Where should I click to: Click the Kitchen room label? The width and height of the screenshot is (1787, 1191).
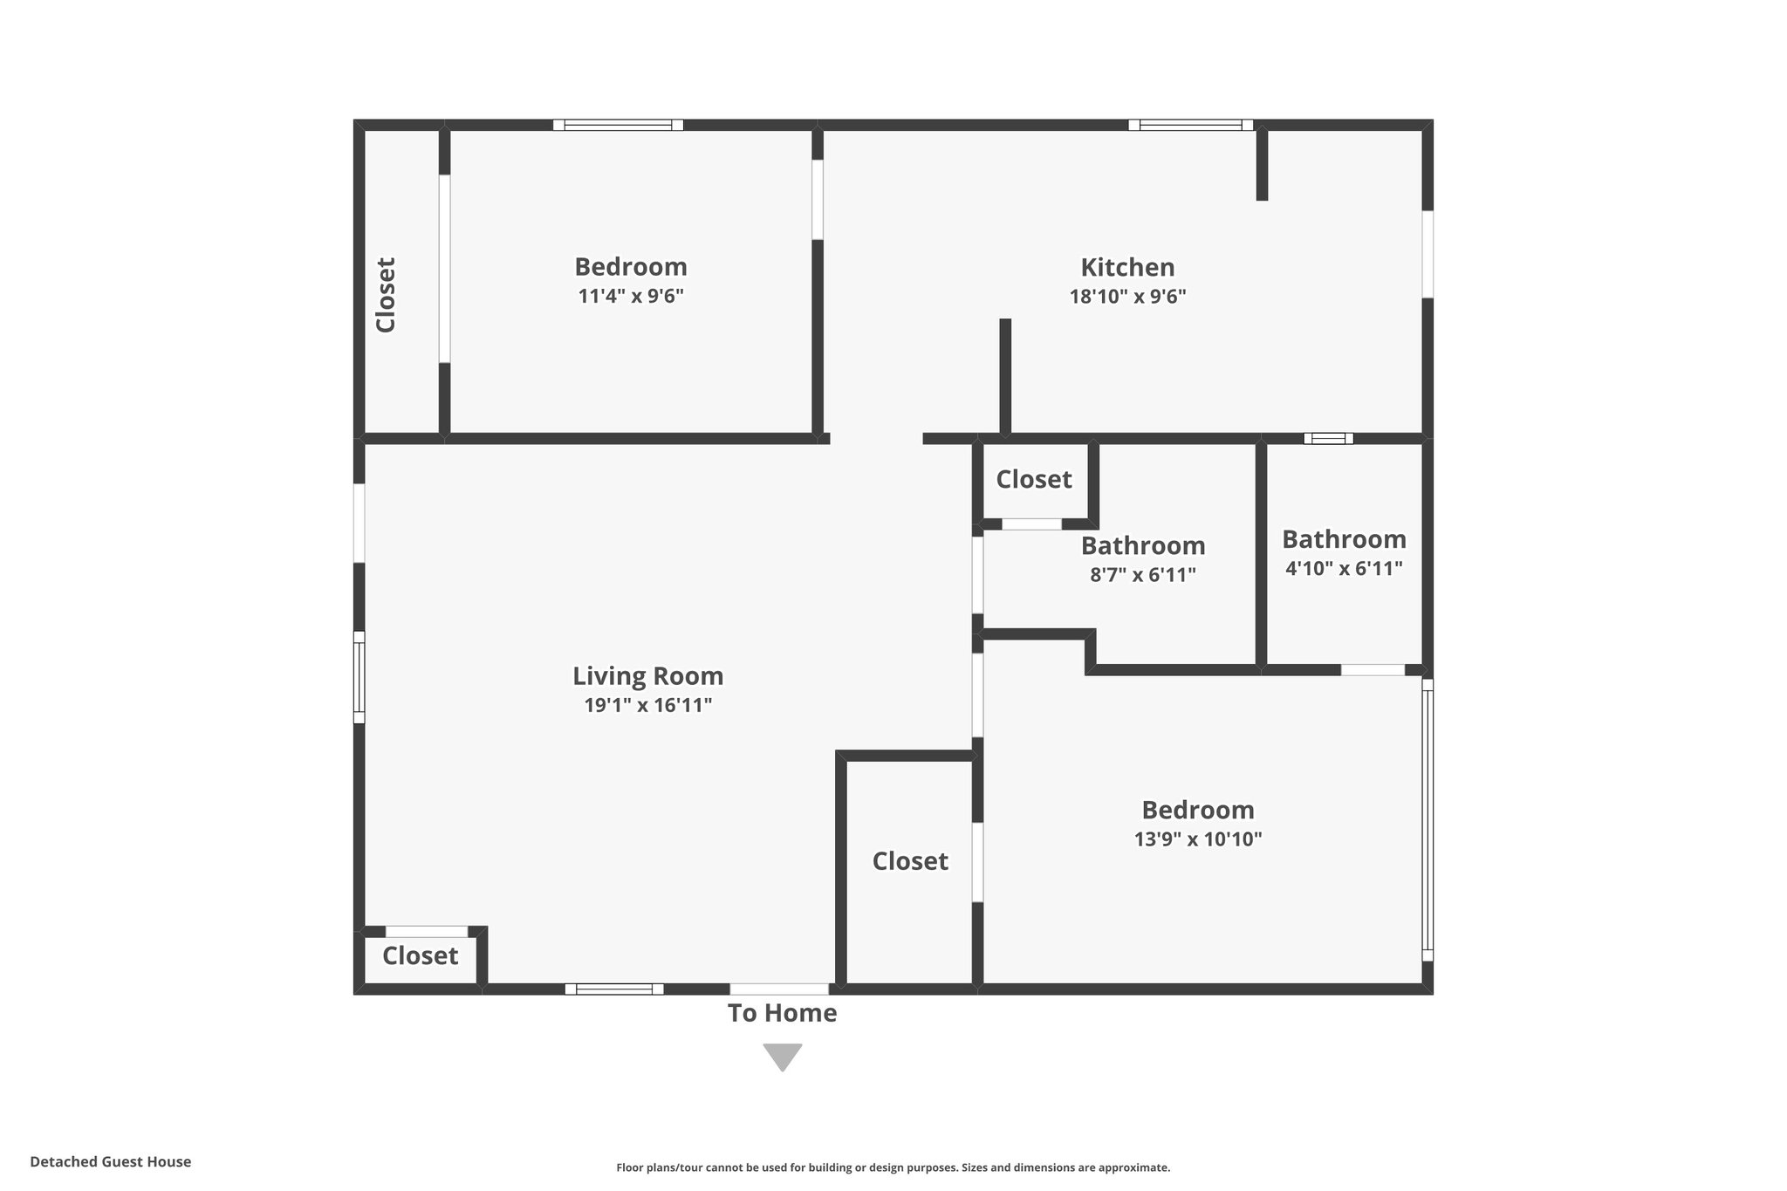[1127, 267]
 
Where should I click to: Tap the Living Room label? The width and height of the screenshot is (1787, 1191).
[647, 676]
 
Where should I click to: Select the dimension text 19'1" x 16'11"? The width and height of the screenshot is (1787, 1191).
[647, 705]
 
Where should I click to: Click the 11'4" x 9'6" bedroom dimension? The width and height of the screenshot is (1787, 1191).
[630, 296]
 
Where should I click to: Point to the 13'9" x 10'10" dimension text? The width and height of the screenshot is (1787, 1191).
[1198, 839]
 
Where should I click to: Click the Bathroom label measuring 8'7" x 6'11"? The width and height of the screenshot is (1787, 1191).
[1143, 546]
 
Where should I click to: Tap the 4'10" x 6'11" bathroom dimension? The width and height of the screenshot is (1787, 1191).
[1344, 569]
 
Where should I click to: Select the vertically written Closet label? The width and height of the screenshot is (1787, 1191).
[386, 295]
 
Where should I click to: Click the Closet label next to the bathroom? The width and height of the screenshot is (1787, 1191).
[1034, 479]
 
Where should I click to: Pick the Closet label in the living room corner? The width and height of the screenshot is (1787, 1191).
[420, 955]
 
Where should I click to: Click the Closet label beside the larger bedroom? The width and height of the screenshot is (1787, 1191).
[910, 861]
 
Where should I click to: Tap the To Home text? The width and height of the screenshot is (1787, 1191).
[782, 1013]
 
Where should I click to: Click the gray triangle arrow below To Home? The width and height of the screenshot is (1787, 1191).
[782, 1056]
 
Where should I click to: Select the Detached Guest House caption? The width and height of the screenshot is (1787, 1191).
[111, 1161]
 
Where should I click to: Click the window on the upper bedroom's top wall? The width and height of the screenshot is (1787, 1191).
[618, 125]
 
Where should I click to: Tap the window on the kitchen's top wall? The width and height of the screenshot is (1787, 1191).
[1190, 125]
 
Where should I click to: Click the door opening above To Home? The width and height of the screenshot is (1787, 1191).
[779, 989]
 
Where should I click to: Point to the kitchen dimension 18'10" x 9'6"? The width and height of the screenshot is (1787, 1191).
[1127, 297]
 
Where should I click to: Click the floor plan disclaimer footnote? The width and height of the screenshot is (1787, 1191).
[893, 1167]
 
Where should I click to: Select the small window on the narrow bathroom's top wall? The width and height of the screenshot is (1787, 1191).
[1328, 438]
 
